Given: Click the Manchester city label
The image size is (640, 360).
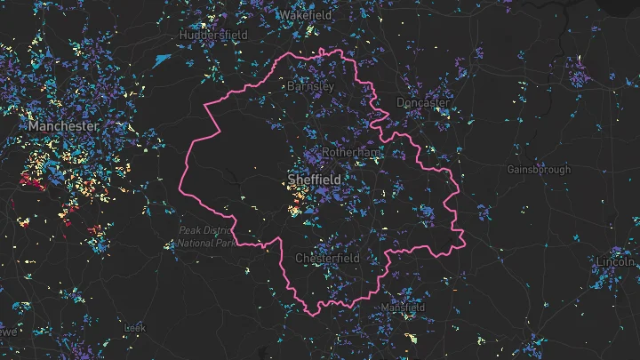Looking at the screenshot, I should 62,127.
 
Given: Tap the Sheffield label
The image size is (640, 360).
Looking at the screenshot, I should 316,180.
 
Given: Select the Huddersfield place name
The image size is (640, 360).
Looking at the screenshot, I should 212,34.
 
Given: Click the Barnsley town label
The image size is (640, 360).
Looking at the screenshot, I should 310,86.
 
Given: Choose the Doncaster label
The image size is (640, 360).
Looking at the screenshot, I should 423,102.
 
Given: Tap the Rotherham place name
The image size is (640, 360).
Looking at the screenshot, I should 350,153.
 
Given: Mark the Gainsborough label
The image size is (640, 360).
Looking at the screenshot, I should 539,169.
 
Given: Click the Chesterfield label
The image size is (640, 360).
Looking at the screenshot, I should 327,258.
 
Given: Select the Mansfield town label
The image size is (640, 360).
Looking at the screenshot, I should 404,308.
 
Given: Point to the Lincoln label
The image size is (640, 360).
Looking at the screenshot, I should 615,262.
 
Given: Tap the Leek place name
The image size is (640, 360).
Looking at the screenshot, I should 134,328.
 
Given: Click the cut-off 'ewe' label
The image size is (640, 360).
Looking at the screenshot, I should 8,331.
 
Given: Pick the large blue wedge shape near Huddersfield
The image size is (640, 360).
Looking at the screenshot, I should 161,60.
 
